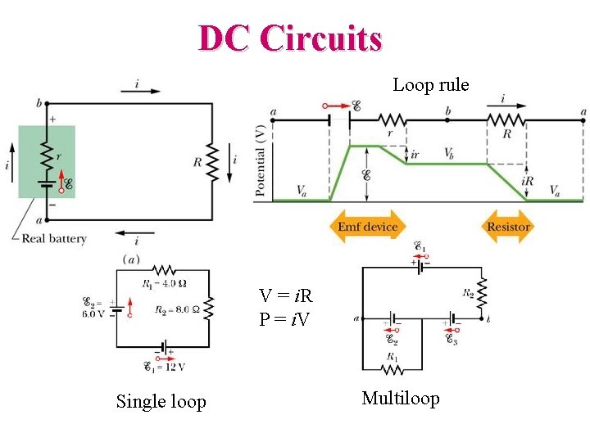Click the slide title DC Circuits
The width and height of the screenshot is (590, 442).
(x=290, y=38)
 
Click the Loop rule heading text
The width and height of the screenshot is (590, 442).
(x=430, y=84)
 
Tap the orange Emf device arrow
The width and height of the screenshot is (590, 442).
(x=367, y=227)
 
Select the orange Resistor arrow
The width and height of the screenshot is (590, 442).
(x=508, y=227)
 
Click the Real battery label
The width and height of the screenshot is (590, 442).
(x=54, y=239)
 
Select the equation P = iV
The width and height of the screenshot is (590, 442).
(x=284, y=319)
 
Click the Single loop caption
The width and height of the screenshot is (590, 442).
(x=161, y=401)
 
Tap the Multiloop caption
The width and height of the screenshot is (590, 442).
(x=400, y=399)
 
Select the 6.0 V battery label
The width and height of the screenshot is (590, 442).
(x=96, y=307)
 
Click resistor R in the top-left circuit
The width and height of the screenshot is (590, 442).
(x=211, y=162)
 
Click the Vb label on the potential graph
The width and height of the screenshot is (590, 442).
(x=450, y=153)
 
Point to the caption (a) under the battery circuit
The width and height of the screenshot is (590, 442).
(x=129, y=259)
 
